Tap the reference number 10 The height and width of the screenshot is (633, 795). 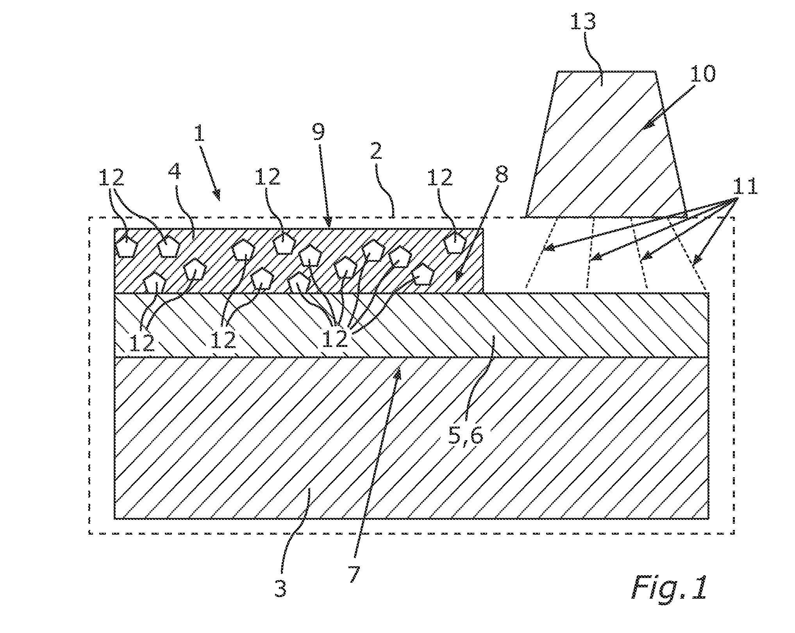click(x=702, y=74)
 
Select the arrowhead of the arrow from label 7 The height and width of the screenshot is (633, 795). click(x=398, y=374)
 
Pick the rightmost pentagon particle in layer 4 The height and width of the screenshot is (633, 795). click(x=456, y=243)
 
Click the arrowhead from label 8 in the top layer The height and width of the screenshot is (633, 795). click(x=459, y=276)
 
